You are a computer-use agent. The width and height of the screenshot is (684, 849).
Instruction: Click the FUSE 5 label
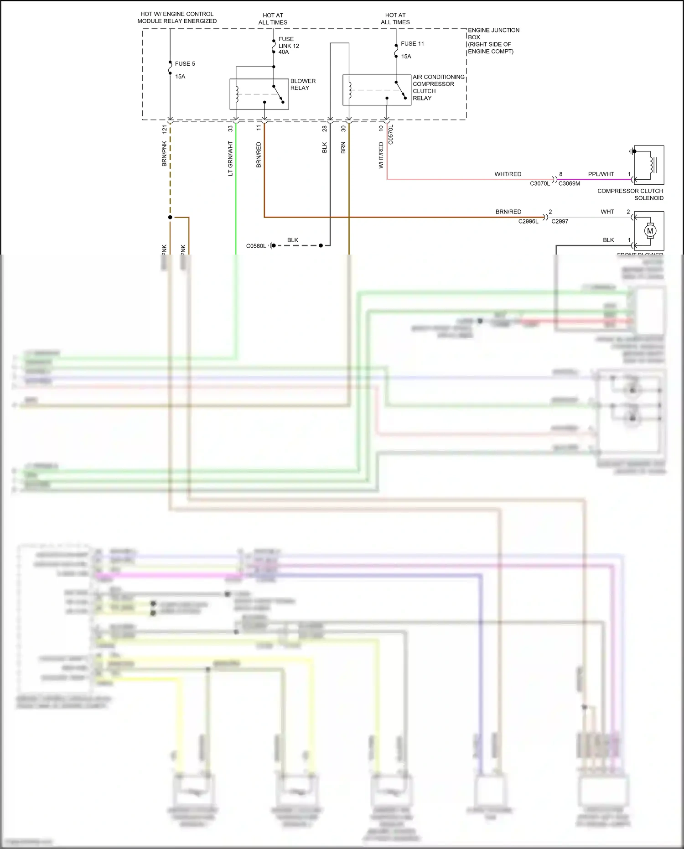pyautogui.click(x=185, y=64)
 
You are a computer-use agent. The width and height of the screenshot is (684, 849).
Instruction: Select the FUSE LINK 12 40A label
pyautogui.click(x=289, y=46)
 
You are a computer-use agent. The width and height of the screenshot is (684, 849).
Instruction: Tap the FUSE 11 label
pyautogui.click(x=412, y=44)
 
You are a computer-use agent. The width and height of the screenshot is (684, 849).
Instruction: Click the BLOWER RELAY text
pyautogui.click(x=303, y=84)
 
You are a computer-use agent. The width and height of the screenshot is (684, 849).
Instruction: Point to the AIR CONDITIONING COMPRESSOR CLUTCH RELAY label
pyautogui.click(x=438, y=88)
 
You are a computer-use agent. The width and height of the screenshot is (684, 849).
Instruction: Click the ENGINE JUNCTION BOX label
pyautogui.click(x=493, y=41)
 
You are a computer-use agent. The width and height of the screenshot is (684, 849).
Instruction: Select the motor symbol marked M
pyautogui.click(x=650, y=231)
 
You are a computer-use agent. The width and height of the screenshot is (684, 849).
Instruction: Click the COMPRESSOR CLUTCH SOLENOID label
pyautogui.click(x=630, y=194)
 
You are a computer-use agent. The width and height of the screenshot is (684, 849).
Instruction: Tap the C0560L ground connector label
pyautogui.click(x=256, y=246)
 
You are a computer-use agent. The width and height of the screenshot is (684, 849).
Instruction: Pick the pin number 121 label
pyautogui.click(x=165, y=129)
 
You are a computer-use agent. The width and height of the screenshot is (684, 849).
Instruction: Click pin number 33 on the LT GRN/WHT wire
pyautogui.click(x=230, y=129)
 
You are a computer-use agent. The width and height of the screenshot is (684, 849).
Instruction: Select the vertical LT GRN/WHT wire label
pyautogui.click(x=230, y=158)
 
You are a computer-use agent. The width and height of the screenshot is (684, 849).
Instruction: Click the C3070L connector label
pyautogui.click(x=540, y=183)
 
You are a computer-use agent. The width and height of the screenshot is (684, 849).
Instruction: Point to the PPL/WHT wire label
pyautogui.click(x=601, y=174)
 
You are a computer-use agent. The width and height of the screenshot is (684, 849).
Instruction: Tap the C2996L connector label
pyautogui.click(x=528, y=221)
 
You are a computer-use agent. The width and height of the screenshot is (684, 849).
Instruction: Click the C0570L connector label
pyautogui.click(x=391, y=135)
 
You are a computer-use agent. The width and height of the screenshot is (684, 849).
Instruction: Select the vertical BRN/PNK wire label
pyautogui.click(x=165, y=154)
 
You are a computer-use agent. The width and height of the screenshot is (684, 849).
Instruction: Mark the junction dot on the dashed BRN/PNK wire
pyautogui.click(x=170, y=217)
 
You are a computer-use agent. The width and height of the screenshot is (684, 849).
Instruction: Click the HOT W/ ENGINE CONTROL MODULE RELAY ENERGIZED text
pyautogui.click(x=177, y=17)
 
